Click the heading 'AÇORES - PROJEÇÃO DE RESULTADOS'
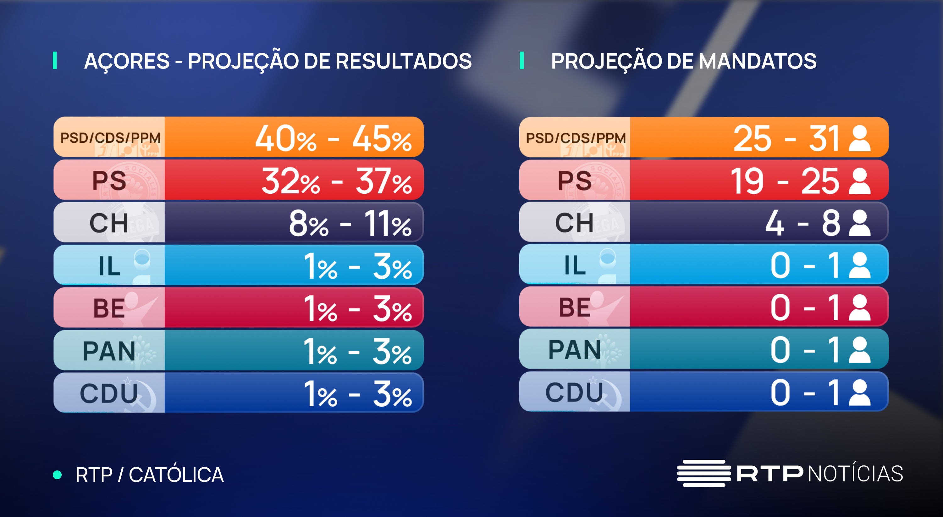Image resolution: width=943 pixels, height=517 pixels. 278,61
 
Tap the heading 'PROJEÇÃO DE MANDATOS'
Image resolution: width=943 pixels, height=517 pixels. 683,61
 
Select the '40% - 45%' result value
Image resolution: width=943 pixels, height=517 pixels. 333,138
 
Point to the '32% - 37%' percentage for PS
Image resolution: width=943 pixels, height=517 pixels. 336,181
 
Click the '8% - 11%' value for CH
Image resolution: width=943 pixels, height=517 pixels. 350,223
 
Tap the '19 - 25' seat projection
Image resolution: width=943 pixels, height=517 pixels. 785,181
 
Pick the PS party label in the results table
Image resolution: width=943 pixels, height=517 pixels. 109,181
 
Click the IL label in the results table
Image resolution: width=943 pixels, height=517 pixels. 109,265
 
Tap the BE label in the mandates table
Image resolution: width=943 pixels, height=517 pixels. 574,307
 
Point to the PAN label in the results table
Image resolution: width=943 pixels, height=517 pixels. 109,350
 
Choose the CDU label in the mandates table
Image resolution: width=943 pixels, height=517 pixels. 574,392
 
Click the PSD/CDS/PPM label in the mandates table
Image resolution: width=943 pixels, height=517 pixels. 576,138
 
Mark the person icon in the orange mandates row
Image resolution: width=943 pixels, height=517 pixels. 859,138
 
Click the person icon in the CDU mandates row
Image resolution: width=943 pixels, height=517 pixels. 859,392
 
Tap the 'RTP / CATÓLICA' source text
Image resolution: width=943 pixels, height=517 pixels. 149,475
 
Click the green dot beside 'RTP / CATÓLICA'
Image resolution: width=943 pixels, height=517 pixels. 57,475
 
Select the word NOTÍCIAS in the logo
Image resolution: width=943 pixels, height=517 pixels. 855,474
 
